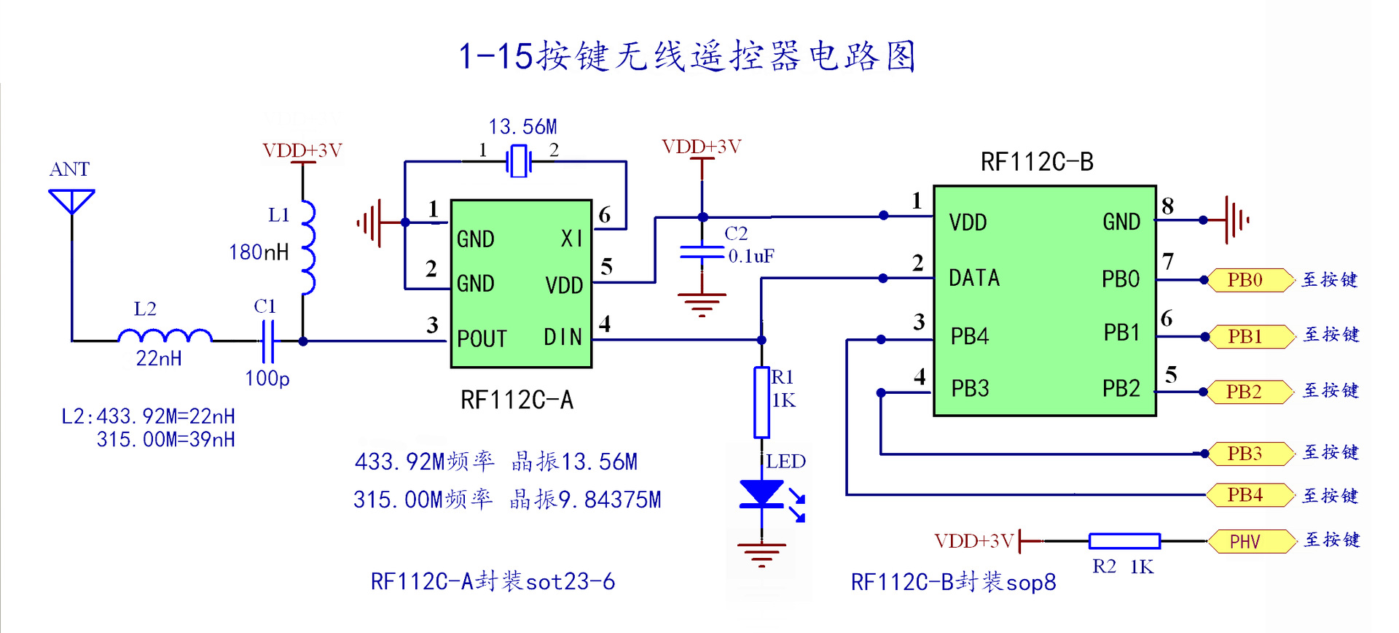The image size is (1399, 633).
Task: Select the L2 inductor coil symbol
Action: point(165,336)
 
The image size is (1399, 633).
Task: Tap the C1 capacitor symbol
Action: point(267,341)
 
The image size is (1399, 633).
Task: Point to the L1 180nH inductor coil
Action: point(308,248)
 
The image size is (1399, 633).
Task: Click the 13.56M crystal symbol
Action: point(518,160)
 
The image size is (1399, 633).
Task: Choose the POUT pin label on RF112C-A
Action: point(482,339)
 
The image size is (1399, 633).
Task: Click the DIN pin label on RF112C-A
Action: point(563,337)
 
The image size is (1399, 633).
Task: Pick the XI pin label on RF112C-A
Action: point(571,238)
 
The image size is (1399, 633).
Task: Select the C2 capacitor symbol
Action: point(702,252)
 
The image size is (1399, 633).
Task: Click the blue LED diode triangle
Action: point(761,493)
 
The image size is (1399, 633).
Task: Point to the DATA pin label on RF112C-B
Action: point(974,278)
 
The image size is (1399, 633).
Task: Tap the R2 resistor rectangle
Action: point(1124,541)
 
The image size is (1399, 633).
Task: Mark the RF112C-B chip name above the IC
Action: point(1037,162)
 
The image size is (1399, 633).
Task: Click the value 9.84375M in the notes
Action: point(610,500)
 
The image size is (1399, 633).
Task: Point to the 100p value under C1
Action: point(267,378)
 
